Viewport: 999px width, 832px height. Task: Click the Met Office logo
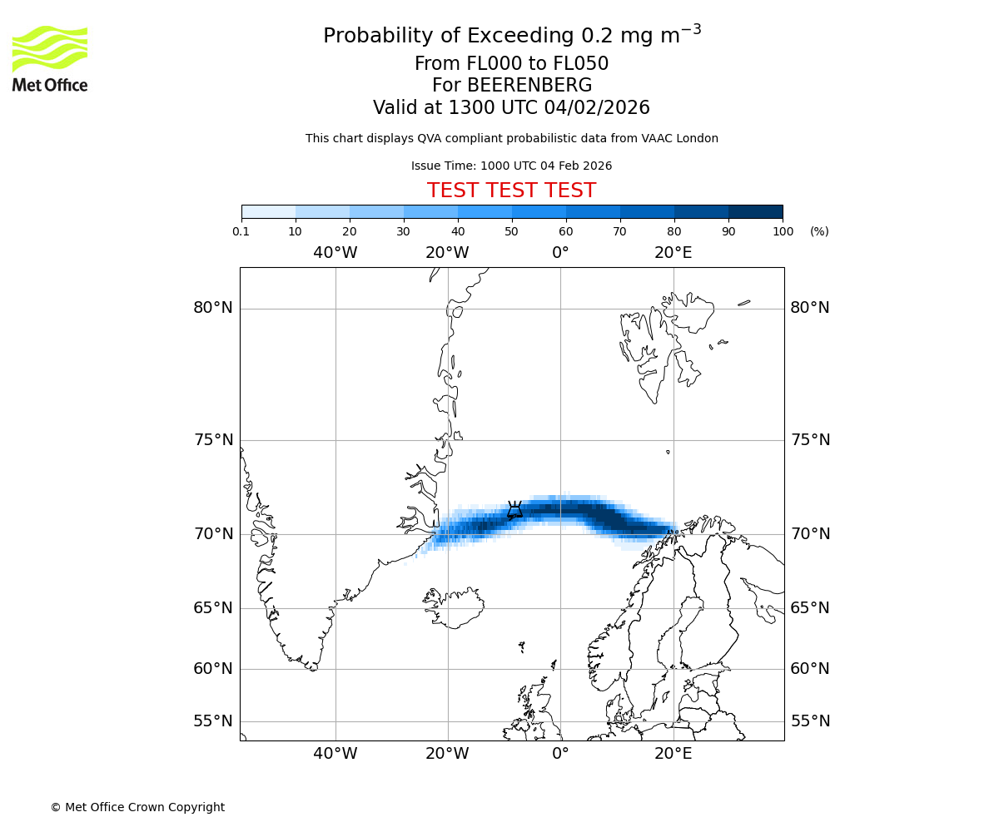tap(50, 58)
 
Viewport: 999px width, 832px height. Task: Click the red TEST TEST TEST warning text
tap(511, 191)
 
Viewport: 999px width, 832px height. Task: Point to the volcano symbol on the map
tap(514, 509)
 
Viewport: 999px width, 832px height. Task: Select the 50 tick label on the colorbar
tap(512, 231)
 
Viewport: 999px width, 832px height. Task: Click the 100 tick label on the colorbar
tap(783, 231)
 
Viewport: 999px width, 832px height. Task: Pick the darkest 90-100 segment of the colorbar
tap(755, 211)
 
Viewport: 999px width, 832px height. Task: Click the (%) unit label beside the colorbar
tap(819, 231)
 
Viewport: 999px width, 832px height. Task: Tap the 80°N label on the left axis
tap(213, 308)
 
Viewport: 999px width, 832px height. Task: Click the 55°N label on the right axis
tap(810, 721)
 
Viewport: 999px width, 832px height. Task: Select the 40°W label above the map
tap(335, 253)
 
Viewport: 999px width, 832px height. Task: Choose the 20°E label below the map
tap(673, 754)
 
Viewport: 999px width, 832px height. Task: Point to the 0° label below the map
tap(560, 754)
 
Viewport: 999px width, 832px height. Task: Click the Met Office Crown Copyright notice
tap(137, 807)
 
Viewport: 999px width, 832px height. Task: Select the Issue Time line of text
tap(511, 166)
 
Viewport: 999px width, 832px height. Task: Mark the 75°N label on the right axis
tap(810, 440)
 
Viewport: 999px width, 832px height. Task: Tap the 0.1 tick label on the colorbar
tap(241, 231)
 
